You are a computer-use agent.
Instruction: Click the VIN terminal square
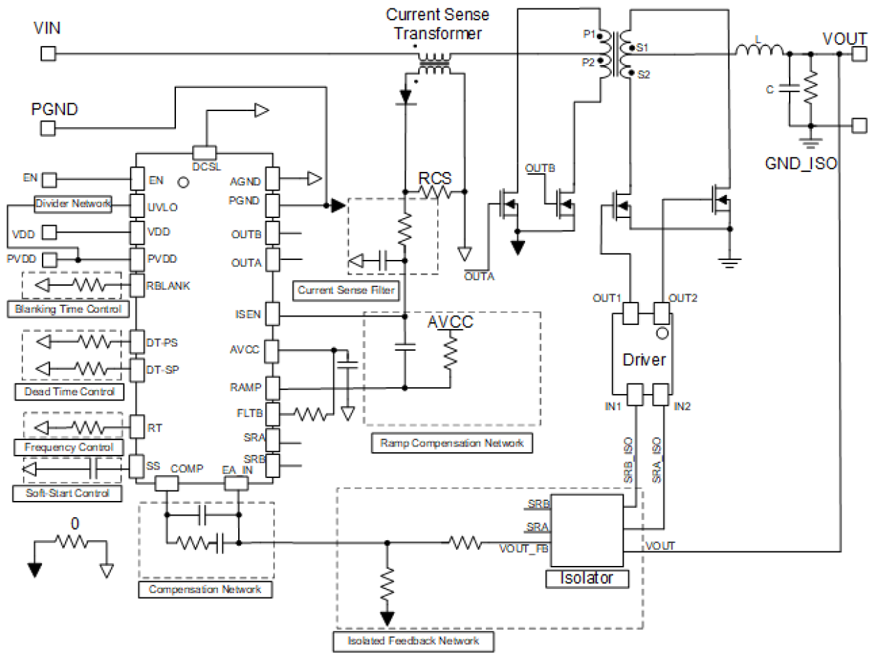coord(47,54)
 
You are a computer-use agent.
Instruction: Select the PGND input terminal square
coord(47,129)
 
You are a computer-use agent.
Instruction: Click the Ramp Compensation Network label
coord(452,442)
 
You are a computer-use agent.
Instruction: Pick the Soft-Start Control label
coord(67,493)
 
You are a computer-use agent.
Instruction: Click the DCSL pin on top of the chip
coord(205,152)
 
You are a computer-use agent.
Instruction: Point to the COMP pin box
coord(167,484)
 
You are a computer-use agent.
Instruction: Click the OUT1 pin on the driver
coord(631,314)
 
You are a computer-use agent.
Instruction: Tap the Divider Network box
coord(73,204)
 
